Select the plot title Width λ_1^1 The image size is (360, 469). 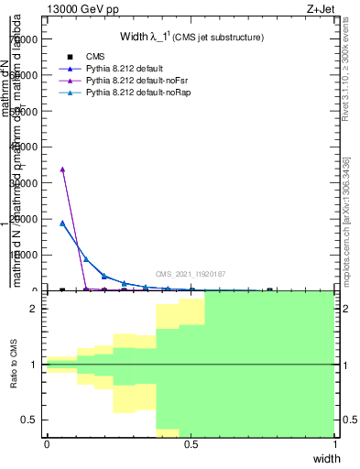pyautogui.click(x=191, y=38)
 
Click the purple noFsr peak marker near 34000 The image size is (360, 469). pyautogui.click(x=62, y=169)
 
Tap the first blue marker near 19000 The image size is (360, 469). pyautogui.click(x=62, y=223)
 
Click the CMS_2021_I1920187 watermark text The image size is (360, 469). pyautogui.click(x=190, y=274)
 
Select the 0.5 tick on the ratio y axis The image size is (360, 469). pyautogui.click(x=32, y=420)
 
